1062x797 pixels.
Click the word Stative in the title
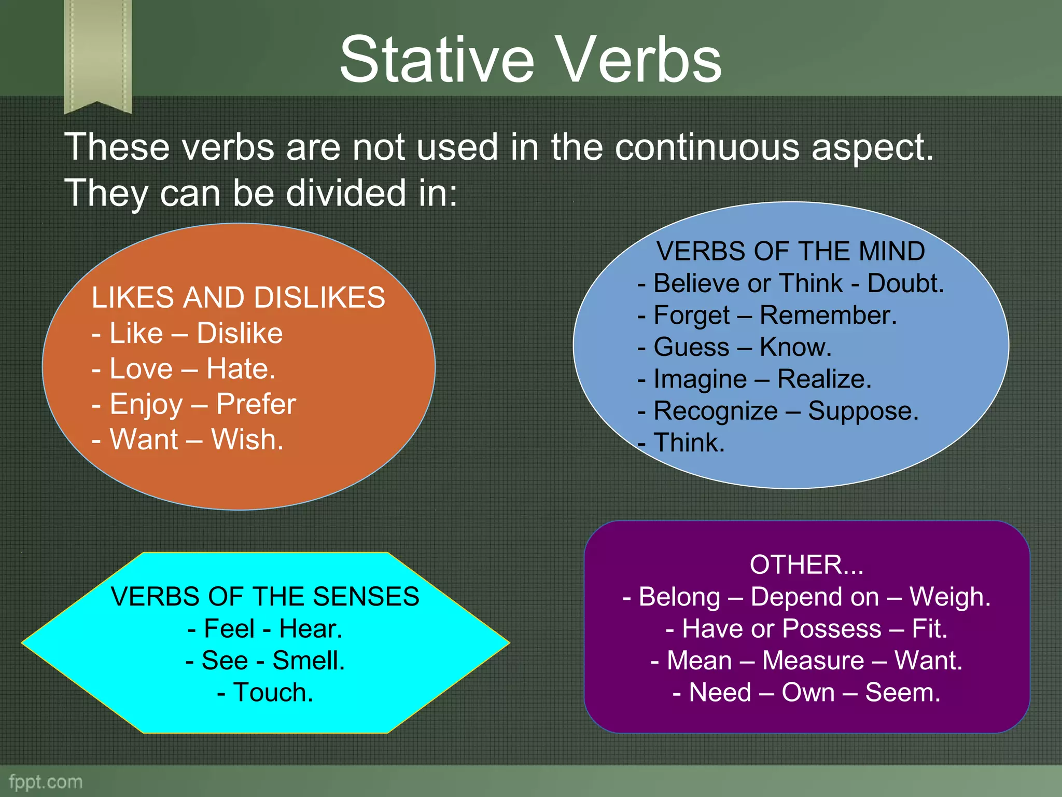(437, 60)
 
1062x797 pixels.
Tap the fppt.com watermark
(46, 781)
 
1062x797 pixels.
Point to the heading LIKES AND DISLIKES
(238, 298)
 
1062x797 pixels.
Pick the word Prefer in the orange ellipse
(256, 404)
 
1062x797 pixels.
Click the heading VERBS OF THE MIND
(790, 251)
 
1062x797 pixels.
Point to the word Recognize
(715, 411)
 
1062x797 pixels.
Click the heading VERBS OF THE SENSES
(265, 596)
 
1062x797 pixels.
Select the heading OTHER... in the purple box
(806, 565)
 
